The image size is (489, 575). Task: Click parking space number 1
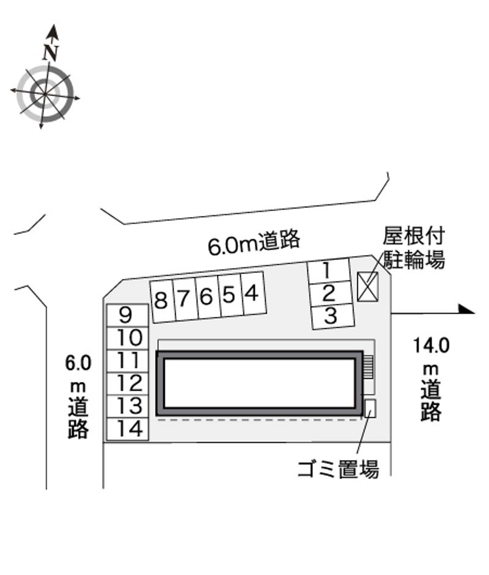tap(328, 271)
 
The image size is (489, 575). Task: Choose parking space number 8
tap(162, 302)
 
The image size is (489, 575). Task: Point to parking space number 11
tap(127, 361)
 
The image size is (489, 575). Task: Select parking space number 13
tap(127, 406)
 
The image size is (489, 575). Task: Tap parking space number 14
tap(127, 429)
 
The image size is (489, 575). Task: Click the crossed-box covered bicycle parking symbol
tap(367, 287)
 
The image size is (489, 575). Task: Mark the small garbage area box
tap(370, 408)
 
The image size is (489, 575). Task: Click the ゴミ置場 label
tap(338, 469)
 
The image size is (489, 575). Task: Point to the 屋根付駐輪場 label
tap(414, 248)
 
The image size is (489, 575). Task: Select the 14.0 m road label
tap(431, 379)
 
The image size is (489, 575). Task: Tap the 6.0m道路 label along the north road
tap(254, 242)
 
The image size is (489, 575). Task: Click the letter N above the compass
tap(51, 53)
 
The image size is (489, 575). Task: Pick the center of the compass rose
tap(45, 94)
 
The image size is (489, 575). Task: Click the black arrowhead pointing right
tap(467, 310)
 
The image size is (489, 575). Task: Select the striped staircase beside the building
tap(368, 366)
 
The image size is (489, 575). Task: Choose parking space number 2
tap(329, 294)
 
